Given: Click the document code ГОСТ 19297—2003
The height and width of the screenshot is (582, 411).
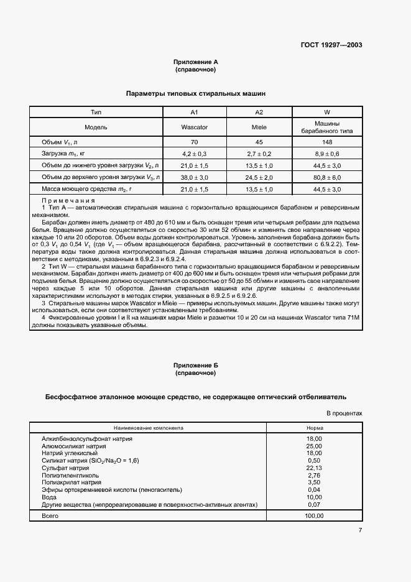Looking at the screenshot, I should pos(333,45).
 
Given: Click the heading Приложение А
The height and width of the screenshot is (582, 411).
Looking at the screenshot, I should pos(195,62).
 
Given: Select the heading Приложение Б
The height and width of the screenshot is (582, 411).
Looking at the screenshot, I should pos(195,366).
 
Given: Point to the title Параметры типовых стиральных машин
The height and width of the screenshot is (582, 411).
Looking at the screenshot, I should pos(195,93).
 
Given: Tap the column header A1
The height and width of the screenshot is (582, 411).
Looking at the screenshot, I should pos(194,112).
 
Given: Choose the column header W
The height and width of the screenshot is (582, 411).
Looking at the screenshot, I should pos(327,112).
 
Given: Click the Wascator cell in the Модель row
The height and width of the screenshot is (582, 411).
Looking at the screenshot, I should pos(194,127).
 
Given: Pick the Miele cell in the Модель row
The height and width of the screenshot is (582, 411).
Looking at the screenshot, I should pos(260,127).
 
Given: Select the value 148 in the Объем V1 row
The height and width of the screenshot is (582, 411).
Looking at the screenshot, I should pos(327,142).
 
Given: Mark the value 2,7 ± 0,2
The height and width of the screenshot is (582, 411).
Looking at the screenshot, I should pos(260,154).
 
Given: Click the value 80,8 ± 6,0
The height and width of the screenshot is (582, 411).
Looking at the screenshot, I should pos(327,177).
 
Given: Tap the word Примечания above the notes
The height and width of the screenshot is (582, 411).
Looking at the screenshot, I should pos(68,200).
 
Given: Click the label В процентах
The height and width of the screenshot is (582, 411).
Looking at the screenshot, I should pos(344,413).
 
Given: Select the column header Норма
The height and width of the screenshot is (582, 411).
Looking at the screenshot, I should pos(315,428).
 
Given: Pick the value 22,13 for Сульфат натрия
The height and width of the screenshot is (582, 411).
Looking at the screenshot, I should pos(315,468).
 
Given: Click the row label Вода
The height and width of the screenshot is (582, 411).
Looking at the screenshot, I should pos(48,497).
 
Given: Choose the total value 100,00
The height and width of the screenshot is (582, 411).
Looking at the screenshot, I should pos(315,516).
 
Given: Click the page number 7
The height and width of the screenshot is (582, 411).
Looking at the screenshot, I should pos(360,530).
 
